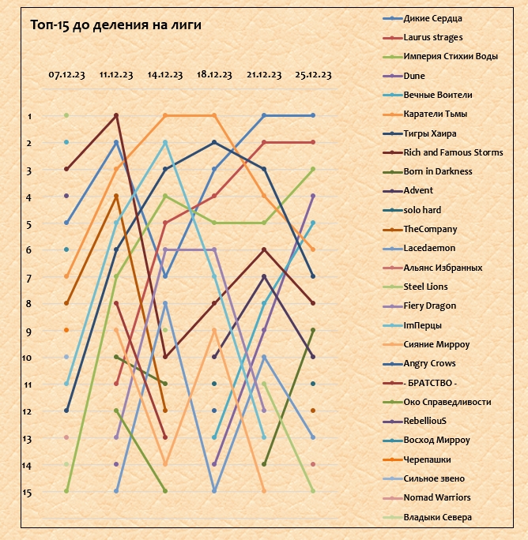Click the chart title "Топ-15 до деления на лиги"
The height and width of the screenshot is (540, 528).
[115, 25]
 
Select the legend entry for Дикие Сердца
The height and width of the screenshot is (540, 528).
[432, 18]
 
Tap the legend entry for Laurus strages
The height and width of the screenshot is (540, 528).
[432, 37]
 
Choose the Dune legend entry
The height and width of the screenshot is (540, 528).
[414, 76]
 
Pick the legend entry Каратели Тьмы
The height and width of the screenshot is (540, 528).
[436, 114]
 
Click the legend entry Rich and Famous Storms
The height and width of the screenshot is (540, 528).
[453, 152]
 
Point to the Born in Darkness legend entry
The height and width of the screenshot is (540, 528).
[437, 171]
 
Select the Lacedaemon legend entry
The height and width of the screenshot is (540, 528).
[429, 249]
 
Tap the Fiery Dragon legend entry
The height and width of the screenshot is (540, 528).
[429, 306]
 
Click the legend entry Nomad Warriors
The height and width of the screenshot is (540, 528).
[436, 497]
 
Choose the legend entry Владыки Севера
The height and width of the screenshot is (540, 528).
[437, 517]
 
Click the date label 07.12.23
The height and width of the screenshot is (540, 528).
[66, 75]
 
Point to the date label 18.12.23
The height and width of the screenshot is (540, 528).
[214, 75]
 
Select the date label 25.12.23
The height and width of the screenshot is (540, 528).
[313, 75]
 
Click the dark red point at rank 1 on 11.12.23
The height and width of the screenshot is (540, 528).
[116, 115]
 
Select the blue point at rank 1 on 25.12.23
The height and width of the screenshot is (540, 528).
[314, 115]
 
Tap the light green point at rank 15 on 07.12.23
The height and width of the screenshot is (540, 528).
[66, 491]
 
